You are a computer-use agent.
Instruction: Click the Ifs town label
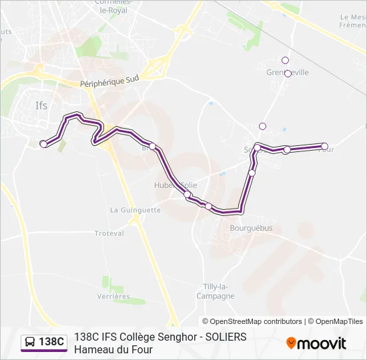(x=41, y=105)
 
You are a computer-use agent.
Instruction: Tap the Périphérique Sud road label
(x=109, y=81)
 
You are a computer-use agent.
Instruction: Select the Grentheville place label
(x=288, y=73)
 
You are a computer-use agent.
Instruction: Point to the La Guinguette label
(x=135, y=209)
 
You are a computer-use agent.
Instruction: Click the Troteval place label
(x=109, y=233)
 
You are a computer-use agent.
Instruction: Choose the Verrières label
(x=113, y=296)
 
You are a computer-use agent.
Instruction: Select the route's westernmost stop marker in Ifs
(x=44, y=143)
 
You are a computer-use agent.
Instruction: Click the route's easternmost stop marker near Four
(x=325, y=146)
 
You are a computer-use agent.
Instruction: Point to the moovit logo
(x=316, y=343)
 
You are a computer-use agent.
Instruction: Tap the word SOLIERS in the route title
(x=224, y=337)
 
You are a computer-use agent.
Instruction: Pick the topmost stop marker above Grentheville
(x=285, y=61)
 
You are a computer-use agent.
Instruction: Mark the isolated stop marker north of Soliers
(x=262, y=126)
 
